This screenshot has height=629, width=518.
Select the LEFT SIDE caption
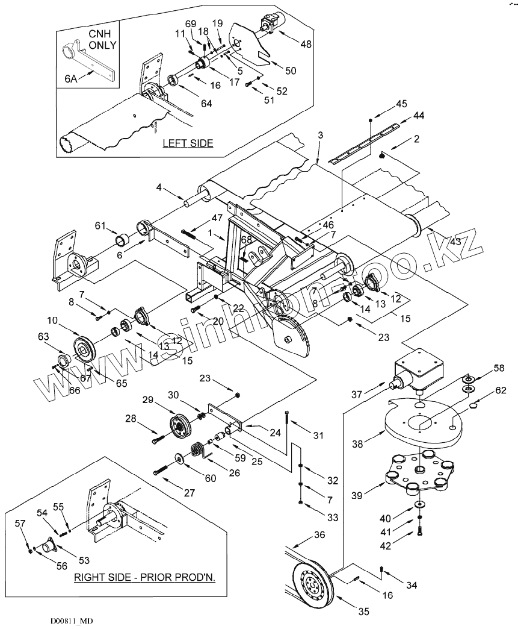pyautogui.click(x=188, y=143)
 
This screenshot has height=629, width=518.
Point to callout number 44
pyautogui.click(x=418, y=114)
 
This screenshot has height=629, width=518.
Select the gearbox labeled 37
pyautogui.click(x=419, y=371)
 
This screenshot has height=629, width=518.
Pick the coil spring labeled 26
pyautogui.click(x=196, y=451)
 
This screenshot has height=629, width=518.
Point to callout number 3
pyautogui.click(x=319, y=135)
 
